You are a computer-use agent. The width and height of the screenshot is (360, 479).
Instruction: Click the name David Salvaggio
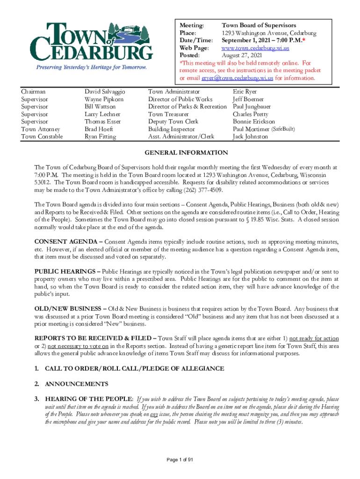[x=105, y=92]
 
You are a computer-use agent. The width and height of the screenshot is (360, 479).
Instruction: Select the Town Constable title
[x=42, y=137]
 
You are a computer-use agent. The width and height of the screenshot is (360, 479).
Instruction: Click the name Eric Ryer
[x=245, y=92]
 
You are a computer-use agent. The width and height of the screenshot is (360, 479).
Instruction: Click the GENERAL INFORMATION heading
[x=186, y=153]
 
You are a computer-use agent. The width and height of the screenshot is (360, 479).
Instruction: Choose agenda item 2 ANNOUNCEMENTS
[x=76, y=384]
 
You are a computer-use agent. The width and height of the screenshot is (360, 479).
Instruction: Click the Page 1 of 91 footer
[x=180, y=460]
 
